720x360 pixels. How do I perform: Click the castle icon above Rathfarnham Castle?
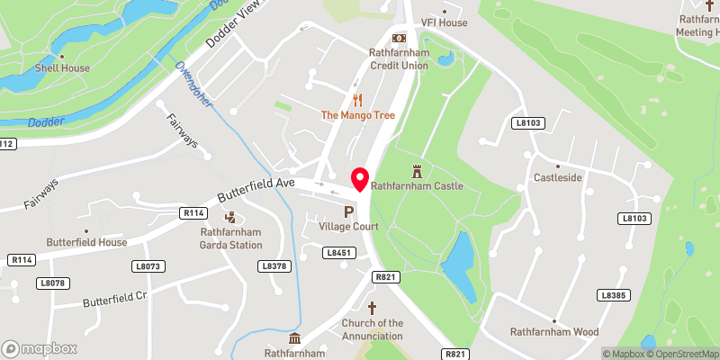click(x=417, y=170)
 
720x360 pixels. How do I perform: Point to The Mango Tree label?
click(x=358, y=115)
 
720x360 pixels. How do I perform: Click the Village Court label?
click(x=348, y=227)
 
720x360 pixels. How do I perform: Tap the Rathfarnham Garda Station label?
click(x=230, y=238)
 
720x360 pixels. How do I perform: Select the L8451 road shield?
click(x=337, y=254)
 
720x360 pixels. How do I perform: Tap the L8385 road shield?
click(x=613, y=295)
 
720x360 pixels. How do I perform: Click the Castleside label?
click(x=558, y=179)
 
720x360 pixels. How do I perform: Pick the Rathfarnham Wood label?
click(x=554, y=332)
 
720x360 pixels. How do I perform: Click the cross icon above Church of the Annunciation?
click(x=372, y=308)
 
